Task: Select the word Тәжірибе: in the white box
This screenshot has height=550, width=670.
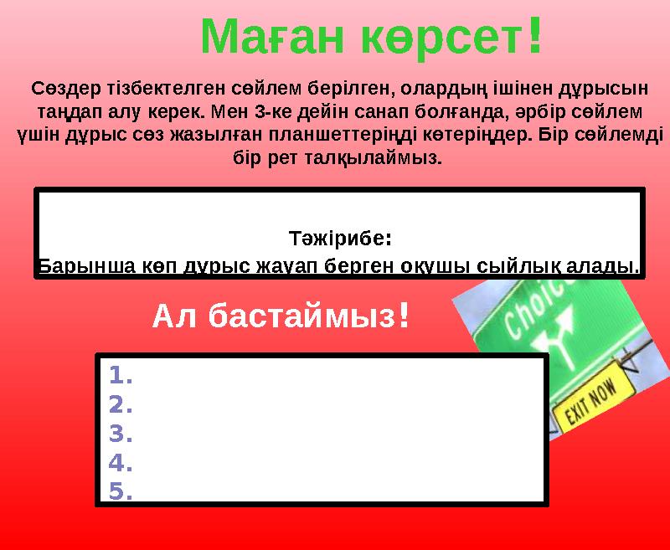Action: [x=339, y=238]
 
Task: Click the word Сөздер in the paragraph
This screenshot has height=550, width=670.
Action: [x=60, y=87]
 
